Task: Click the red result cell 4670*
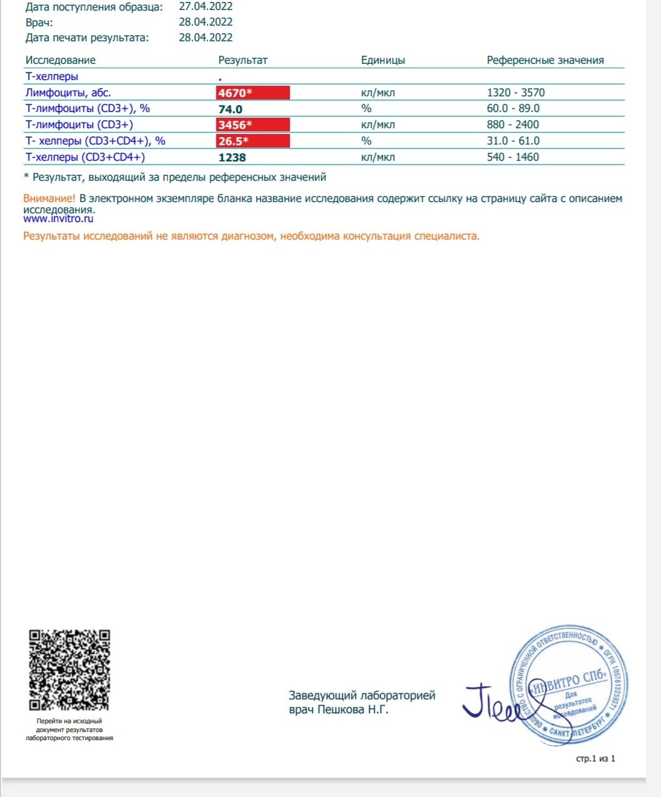click(253, 93)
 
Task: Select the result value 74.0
click(230, 109)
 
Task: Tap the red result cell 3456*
click(253, 124)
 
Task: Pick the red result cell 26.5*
click(253, 141)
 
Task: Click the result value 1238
click(232, 158)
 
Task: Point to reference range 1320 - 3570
click(516, 93)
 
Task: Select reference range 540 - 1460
click(513, 157)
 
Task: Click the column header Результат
click(243, 60)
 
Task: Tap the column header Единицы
click(383, 60)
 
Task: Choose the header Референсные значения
click(545, 60)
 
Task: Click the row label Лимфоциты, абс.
click(68, 93)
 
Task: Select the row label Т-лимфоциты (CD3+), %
click(88, 108)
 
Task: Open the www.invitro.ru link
click(58, 219)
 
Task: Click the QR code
click(69, 670)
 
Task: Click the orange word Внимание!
click(49, 198)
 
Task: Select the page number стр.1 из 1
click(595, 759)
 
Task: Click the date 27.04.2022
click(206, 7)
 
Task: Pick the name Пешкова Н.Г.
click(353, 709)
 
